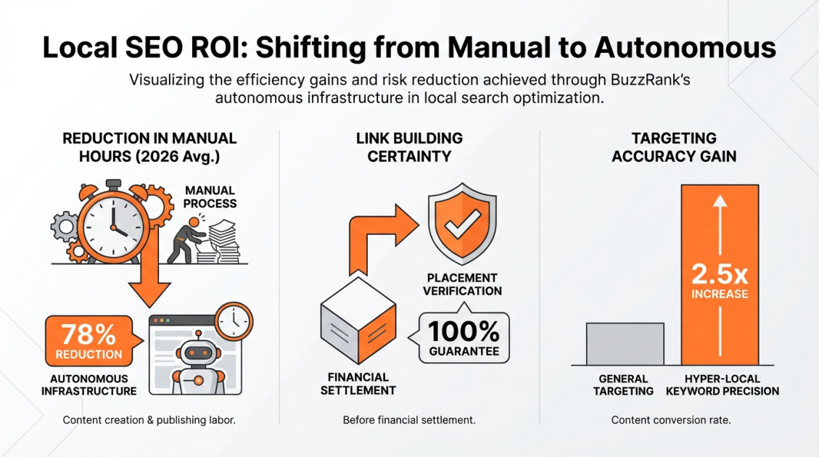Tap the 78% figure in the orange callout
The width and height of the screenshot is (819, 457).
click(89, 334)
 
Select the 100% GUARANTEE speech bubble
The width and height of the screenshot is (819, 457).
click(463, 337)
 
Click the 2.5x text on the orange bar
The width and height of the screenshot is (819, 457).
click(719, 273)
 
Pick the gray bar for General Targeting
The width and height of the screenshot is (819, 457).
click(625, 344)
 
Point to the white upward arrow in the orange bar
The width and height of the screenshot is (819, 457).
click(720, 218)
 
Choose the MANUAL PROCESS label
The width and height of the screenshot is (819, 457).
click(210, 197)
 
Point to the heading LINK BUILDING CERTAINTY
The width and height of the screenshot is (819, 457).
click(409, 147)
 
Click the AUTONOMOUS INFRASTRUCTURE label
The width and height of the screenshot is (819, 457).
click(94, 384)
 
